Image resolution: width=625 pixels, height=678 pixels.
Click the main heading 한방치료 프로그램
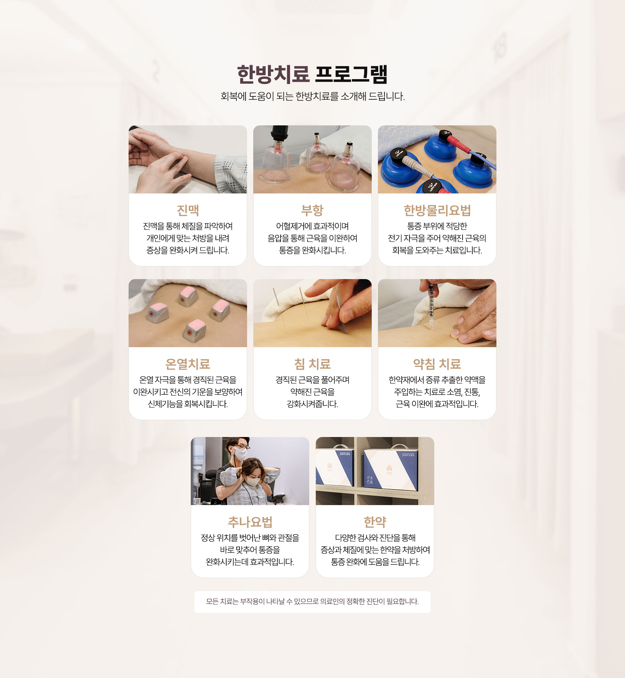tap(312, 75)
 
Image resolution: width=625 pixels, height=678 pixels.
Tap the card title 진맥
tap(188, 210)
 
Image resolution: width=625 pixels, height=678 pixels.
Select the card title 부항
tap(312, 210)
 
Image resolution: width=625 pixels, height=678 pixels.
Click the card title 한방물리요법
tap(437, 210)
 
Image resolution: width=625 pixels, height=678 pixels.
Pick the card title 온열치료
tap(188, 364)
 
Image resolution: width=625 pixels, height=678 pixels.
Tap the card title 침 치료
tap(312, 364)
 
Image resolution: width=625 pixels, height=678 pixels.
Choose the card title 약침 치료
tap(437, 364)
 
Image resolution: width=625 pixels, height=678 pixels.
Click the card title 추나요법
tap(250, 522)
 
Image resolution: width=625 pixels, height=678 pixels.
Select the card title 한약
tap(375, 522)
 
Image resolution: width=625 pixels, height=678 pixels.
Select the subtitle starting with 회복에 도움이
tap(312, 96)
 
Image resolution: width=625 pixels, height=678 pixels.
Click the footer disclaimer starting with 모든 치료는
tap(312, 601)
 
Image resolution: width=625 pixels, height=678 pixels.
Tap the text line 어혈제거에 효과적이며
tap(312, 226)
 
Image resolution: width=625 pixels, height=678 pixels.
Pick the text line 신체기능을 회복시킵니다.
tap(188, 404)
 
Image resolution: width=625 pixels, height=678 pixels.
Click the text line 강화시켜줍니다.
tap(312, 404)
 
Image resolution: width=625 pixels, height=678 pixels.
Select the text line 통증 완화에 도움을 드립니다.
tap(375, 562)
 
